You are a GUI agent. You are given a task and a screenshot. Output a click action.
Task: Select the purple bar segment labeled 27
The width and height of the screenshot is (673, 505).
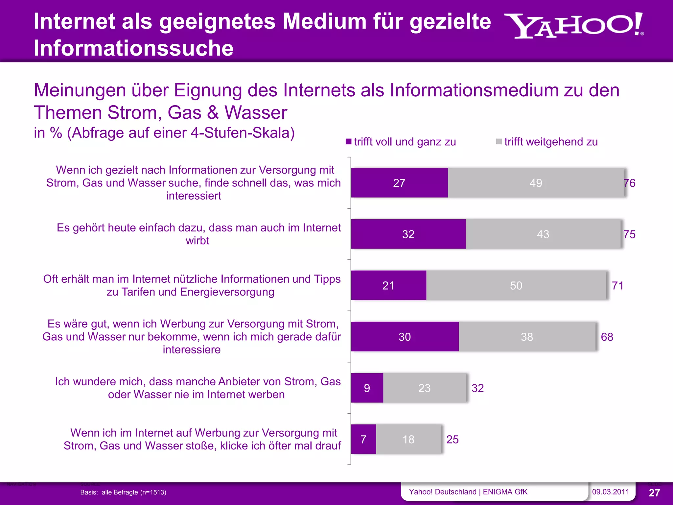click(399, 183)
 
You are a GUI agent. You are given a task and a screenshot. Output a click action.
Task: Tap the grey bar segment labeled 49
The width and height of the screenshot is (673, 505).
click(536, 183)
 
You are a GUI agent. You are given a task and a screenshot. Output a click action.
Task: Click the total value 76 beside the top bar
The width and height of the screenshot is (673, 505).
click(630, 183)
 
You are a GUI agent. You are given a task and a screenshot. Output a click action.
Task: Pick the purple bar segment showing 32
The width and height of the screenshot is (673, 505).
click(408, 234)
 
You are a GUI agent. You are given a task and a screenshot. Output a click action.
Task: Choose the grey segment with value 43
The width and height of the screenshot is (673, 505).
click(543, 234)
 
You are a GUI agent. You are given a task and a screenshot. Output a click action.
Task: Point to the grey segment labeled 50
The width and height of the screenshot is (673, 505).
click(516, 285)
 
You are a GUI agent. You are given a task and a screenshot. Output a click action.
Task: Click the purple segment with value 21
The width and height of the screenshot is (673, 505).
click(388, 285)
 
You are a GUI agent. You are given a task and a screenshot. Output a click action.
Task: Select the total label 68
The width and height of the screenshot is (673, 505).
click(607, 337)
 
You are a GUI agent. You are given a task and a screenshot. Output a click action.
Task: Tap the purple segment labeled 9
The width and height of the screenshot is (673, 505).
click(367, 388)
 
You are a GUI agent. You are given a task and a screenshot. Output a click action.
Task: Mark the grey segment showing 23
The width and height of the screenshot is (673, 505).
click(424, 388)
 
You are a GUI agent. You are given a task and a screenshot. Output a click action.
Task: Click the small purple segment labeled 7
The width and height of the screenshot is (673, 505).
click(363, 439)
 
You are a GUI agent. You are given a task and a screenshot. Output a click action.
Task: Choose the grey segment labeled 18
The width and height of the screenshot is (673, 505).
click(408, 439)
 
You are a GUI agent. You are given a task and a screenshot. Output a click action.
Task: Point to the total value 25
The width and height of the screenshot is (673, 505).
click(453, 440)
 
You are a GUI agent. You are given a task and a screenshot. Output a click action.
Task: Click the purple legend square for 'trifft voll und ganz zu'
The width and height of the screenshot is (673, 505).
click(349, 142)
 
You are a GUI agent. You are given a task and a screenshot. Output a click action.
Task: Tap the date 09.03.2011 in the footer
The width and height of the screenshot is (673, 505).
click(611, 492)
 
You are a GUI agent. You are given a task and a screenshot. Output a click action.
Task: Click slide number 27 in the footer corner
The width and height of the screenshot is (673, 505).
click(654, 493)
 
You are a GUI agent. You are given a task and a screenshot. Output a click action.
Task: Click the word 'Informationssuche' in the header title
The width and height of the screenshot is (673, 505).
click(133, 48)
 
